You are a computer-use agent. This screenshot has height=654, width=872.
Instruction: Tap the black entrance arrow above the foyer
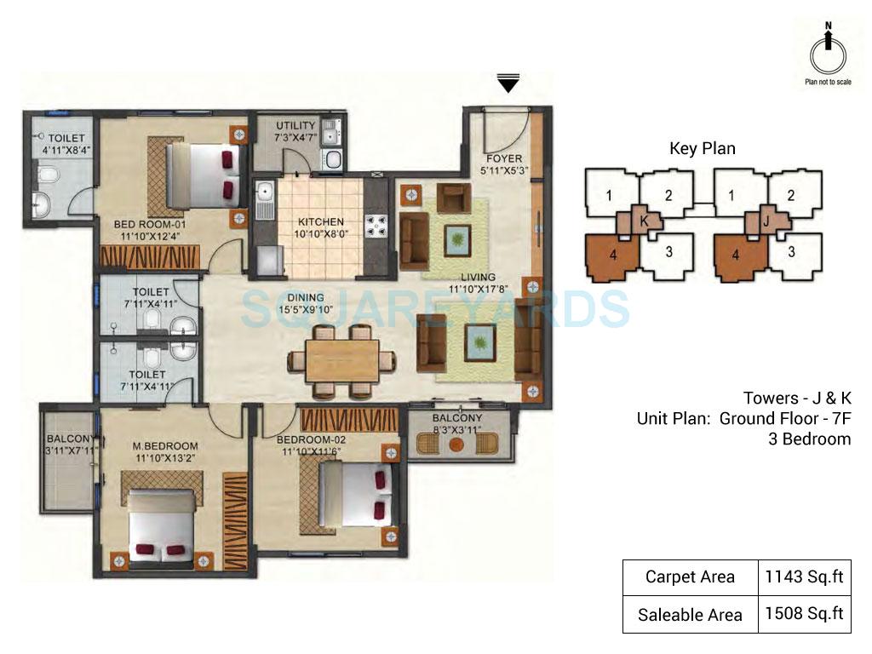tap(508, 83)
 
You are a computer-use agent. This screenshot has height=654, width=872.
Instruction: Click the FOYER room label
tap(504, 159)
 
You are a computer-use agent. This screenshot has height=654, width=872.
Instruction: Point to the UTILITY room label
tap(295, 125)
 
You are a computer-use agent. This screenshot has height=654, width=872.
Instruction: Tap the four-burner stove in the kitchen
tap(375, 226)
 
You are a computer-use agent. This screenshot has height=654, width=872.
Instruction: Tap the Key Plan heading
tap(703, 148)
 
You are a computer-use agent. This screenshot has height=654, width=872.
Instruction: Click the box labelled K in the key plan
tap(644, 220)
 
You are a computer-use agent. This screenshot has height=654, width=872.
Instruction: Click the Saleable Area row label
tap(690, 614)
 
